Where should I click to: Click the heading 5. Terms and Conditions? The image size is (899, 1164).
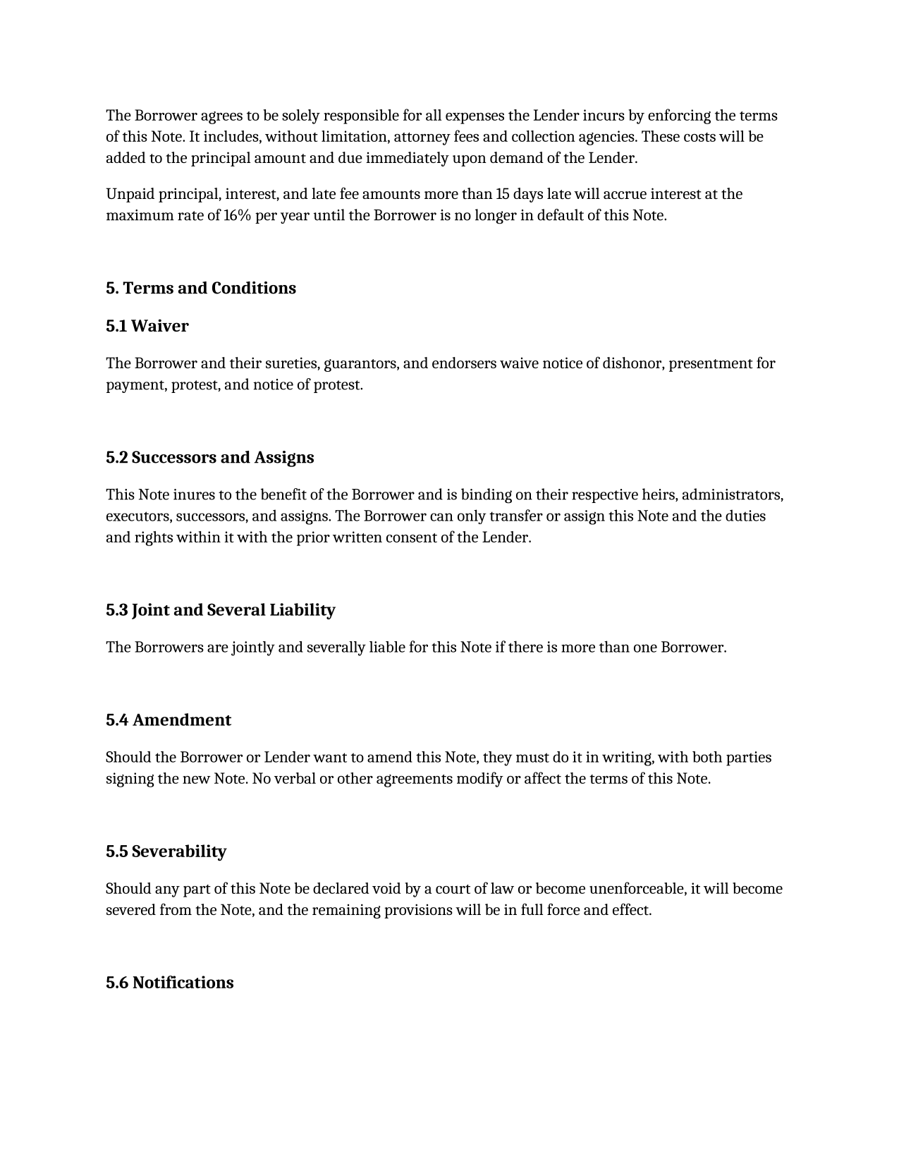(x=201, y=289)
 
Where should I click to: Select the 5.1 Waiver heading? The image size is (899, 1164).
(x=147, y=326)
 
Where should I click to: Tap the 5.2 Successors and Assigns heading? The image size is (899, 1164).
(x=210, y=458)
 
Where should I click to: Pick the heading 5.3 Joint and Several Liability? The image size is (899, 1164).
(x=221, y=610)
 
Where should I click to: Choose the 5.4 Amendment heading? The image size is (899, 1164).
(x=169, y=720)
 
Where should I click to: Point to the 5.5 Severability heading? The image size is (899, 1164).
(x=166, y=851)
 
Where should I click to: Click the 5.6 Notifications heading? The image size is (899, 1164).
(x=170, y=983)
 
